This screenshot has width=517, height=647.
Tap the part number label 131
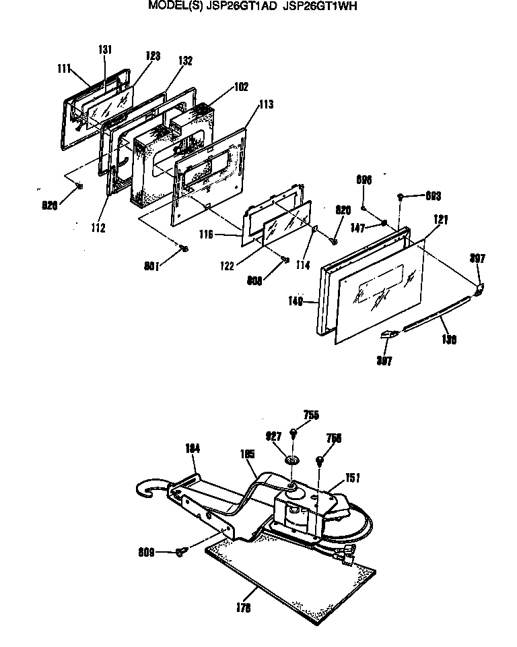(105, 50)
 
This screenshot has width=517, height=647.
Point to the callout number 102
(241, 86)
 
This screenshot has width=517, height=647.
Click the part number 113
(266, 104)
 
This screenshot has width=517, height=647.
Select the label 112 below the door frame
(98, 228)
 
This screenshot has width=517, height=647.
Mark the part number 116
(207, 235)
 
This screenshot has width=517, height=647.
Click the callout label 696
(364, 180)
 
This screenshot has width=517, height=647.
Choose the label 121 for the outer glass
(442, 220)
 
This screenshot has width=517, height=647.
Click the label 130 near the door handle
(449, 340)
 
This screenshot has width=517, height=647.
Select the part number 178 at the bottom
(244, 608)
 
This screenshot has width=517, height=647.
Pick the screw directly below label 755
(294, 432)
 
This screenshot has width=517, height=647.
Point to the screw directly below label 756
(321, 462)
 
